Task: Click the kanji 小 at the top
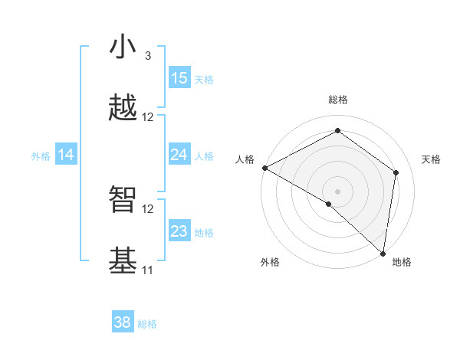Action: click(123, 47)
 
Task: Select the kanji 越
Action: click(123, 109)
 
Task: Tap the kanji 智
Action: click(123, 200)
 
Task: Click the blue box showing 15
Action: click(179, 78)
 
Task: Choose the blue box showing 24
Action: click(179, 155)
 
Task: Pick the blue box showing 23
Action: click(179, 231)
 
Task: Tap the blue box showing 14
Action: click(66, 155)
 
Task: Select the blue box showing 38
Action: click(123, 322)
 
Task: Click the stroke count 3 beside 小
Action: click(147, 56)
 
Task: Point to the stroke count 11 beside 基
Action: click(147, 270)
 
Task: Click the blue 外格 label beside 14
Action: click(41, 155)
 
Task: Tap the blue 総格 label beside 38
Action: click(147, 324)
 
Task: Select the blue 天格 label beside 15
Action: click(204, 79)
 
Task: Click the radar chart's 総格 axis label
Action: click(338, 100)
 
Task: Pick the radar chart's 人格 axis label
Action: click(245, 159)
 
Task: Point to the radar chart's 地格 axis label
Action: click(402, 262)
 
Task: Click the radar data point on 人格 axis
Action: click(264, 168)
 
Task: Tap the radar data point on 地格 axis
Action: click(383, 254)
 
